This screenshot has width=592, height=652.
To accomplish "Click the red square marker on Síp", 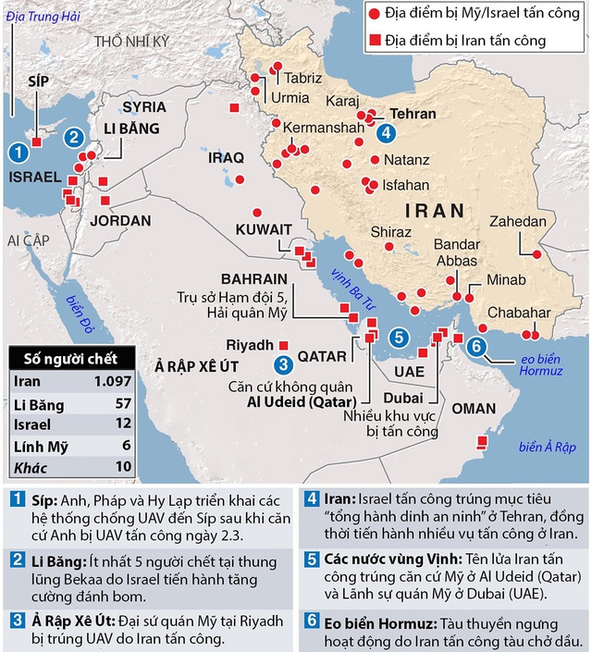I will (37, 141).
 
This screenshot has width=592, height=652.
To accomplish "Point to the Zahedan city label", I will (519, 222).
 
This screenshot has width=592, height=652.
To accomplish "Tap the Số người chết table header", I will (69, 358).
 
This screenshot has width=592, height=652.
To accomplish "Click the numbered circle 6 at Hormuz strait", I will (476, 347).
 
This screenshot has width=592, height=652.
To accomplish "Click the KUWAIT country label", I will (264, 229).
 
